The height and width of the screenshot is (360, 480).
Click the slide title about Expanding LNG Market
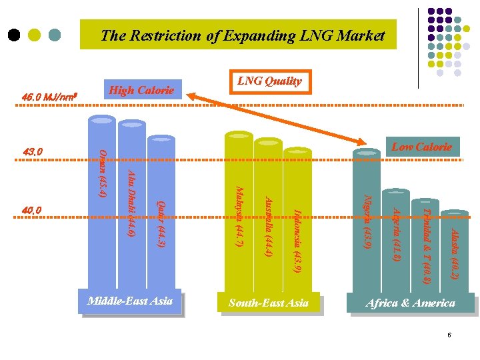point(243,36)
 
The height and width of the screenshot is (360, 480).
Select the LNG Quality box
point(269,81)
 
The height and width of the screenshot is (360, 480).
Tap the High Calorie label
point(141,90)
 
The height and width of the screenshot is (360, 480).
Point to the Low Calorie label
point(421,147)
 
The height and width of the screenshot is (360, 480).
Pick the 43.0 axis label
point(33,152)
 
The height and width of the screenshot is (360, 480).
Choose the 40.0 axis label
point(32,211)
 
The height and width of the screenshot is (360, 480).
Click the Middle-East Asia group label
point(130,301)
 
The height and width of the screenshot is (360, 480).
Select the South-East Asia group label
point(269,303)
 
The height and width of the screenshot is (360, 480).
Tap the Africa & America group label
point(410,303)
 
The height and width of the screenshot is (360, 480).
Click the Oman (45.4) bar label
point(102,174)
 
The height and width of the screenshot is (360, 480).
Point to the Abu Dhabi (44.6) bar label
point(131,203)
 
